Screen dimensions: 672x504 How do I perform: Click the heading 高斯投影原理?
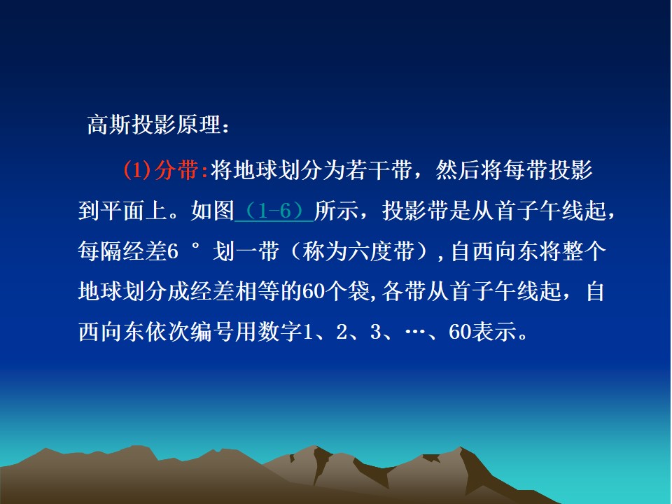154,125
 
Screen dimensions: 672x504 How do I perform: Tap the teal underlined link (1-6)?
274,211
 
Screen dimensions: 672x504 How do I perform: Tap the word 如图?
213,211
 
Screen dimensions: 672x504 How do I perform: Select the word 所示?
336,211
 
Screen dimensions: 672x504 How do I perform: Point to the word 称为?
325,251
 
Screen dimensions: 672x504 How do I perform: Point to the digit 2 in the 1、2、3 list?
342,332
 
